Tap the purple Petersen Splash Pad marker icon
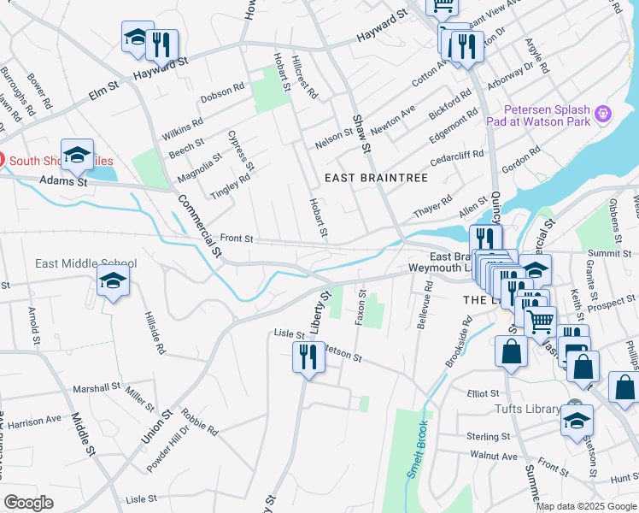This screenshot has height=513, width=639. (x=604, y=113)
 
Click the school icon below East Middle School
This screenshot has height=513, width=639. (x=113, y=283)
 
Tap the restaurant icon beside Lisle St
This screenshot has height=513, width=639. (x=308, y=357)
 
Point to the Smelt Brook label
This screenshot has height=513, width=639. (x=416, y=450)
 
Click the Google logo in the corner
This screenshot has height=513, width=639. (x=28, y=502)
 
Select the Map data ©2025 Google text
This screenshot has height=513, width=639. (x=586, y=506)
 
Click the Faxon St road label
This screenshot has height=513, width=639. (x=361, y=307)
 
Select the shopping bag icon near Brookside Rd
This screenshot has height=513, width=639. (x=511, y=352)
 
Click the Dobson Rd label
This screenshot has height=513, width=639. (x=223, y=93)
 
